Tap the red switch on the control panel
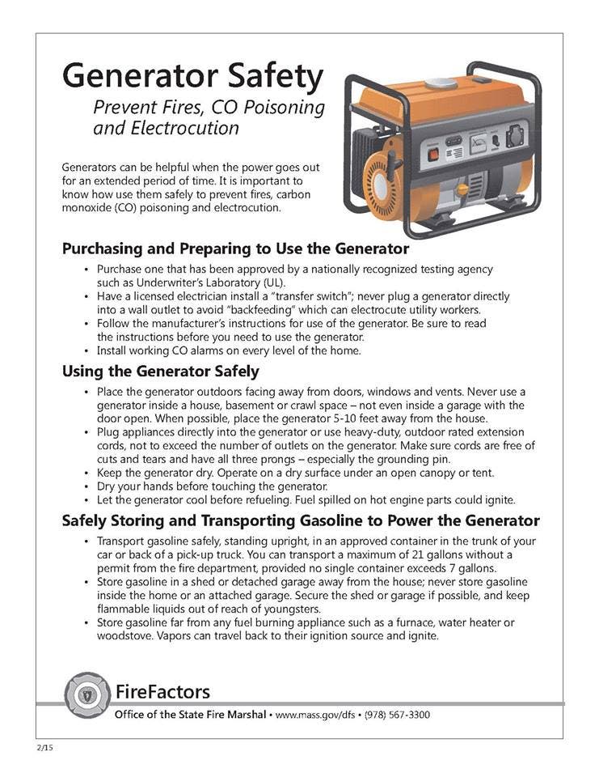[x=434, y=151]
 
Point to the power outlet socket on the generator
[x=514, y=136]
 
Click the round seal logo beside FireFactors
[x=86, y=693]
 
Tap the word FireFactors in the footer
[x=162, y=691]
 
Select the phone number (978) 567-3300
[x=397, y=715]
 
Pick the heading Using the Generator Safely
[x=160, y=372]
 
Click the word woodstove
[x=124, y=636]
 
